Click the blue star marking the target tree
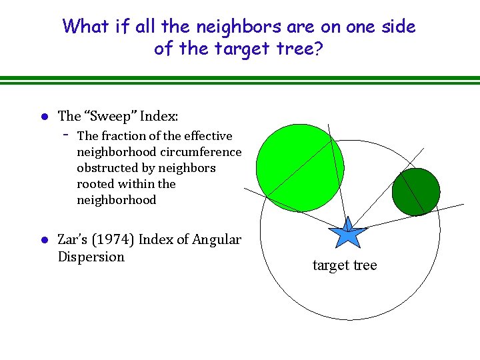pos(347,234)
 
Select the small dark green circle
pos(416,191)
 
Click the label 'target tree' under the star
pos(345,265)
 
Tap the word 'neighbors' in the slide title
pos(243,27)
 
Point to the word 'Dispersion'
pos(91,257)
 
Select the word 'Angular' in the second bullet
pos(217,239)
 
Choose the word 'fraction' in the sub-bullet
pos(125,135)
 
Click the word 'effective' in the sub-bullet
pos(208,135)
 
